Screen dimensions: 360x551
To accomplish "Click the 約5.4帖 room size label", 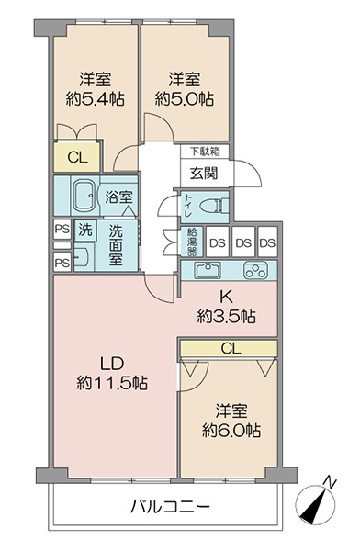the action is point(95,99).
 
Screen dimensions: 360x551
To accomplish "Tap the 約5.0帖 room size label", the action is point(185,99).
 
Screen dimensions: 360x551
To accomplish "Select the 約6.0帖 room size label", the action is point(231,430).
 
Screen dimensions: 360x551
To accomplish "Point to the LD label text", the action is point(112,364).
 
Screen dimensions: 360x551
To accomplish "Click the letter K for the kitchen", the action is point(226,298).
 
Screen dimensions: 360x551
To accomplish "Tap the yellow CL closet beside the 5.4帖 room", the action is point(77,157).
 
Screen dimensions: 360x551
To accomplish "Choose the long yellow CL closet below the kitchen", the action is point(229,349).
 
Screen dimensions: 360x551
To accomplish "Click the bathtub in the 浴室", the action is point(84,197).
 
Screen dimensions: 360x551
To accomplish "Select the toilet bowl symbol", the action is point(212,205).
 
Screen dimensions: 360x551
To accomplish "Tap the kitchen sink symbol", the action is point(208,270).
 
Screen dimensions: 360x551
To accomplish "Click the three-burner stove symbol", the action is point(255,271).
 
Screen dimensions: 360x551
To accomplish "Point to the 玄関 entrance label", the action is point(204,174).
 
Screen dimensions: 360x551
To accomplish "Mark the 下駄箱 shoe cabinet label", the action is point(206,152).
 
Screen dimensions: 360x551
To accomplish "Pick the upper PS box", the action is point(62,230).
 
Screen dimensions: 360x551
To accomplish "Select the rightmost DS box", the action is point(267,242).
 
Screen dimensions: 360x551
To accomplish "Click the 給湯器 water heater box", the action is point(192,242).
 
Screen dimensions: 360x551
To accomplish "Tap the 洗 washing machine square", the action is point(85,230).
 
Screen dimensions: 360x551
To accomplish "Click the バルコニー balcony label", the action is point(170,506).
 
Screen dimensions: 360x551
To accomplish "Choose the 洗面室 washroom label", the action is point(116,245).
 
